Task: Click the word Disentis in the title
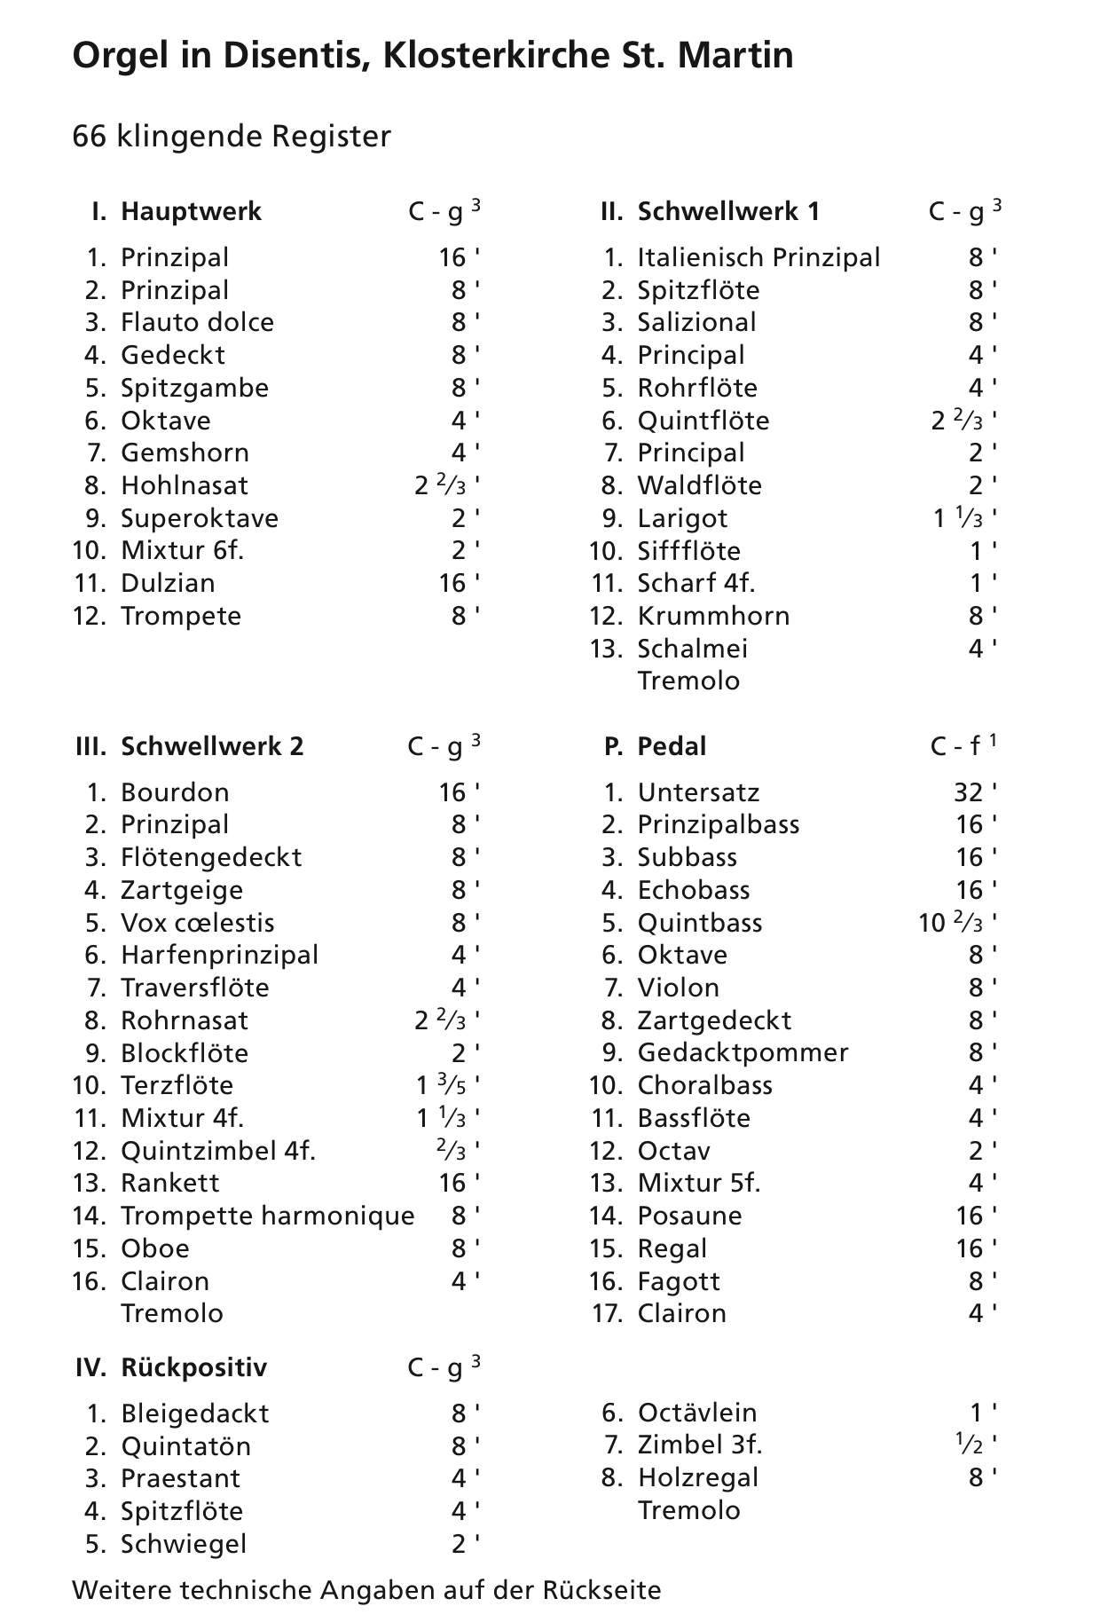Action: (301, 56)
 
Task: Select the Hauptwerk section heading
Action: (191, 212)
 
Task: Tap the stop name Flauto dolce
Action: (197, 322)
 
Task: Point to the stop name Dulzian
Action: (168, 583)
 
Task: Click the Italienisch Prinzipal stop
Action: (758, 257)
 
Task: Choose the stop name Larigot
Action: (682, 518)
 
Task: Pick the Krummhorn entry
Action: (713, 616)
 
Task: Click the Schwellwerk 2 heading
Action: (212, 746)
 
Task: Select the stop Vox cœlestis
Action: (197, 923)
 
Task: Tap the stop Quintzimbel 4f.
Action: (218, 1151)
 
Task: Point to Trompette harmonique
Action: (267, 1216)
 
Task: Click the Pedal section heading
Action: (672, 746)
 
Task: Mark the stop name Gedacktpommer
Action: (743, 1053)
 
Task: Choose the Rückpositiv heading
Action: (193, 1367)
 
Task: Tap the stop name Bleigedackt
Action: (194, 1413)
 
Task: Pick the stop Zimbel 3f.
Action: (699, 1445)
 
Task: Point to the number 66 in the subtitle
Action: (90, 137)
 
